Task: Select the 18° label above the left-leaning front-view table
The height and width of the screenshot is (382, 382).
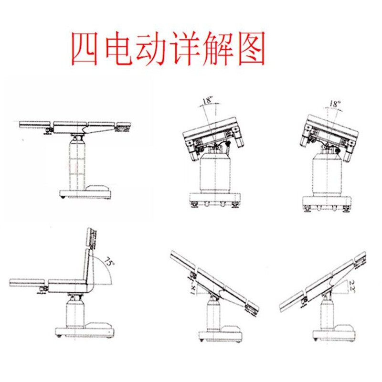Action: (x=207, y=101)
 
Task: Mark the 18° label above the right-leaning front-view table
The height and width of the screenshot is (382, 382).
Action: (x=335, y=104)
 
